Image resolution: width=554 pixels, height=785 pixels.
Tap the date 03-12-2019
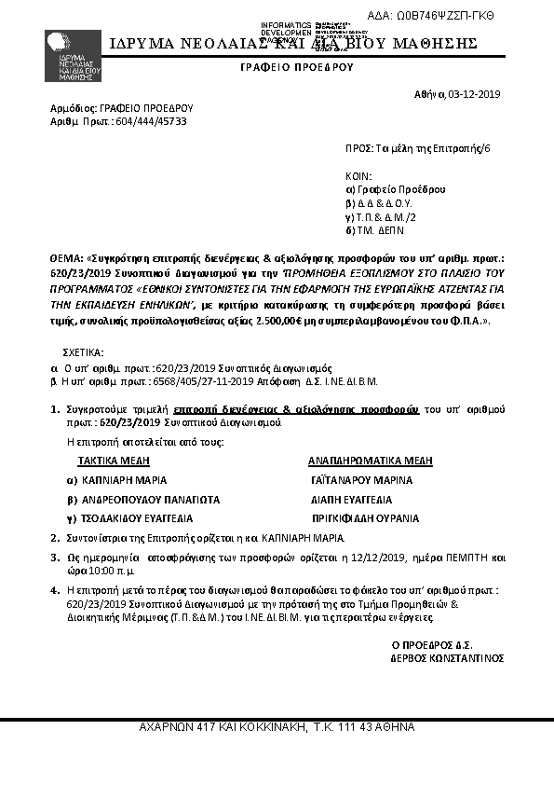tap(475, 94)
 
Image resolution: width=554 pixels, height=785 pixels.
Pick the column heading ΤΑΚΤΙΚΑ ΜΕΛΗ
tap(114, 461)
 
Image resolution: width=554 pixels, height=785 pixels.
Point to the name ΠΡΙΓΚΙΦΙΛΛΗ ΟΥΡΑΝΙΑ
tap(365, 518)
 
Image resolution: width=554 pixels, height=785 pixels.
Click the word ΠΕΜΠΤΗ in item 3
tap(456, 557)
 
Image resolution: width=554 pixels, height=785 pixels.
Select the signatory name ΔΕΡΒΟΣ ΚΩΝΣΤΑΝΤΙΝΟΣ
tap(447, 657)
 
